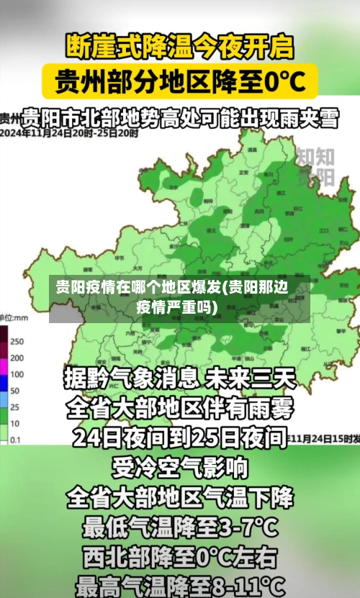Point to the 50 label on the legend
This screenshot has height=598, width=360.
(15, 391)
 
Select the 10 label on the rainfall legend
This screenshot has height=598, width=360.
(15, 423)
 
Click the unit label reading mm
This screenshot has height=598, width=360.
(20, 317)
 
